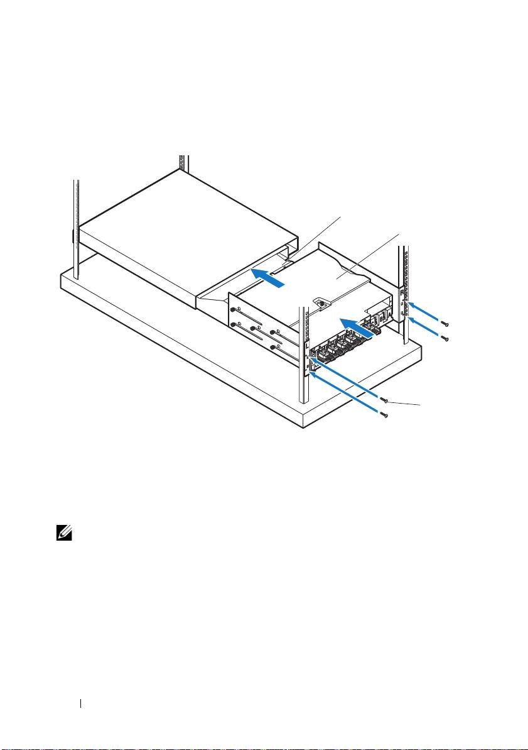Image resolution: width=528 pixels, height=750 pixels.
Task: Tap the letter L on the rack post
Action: coord(306,345)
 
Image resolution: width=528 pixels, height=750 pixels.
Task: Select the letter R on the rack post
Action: coord(402,292)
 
